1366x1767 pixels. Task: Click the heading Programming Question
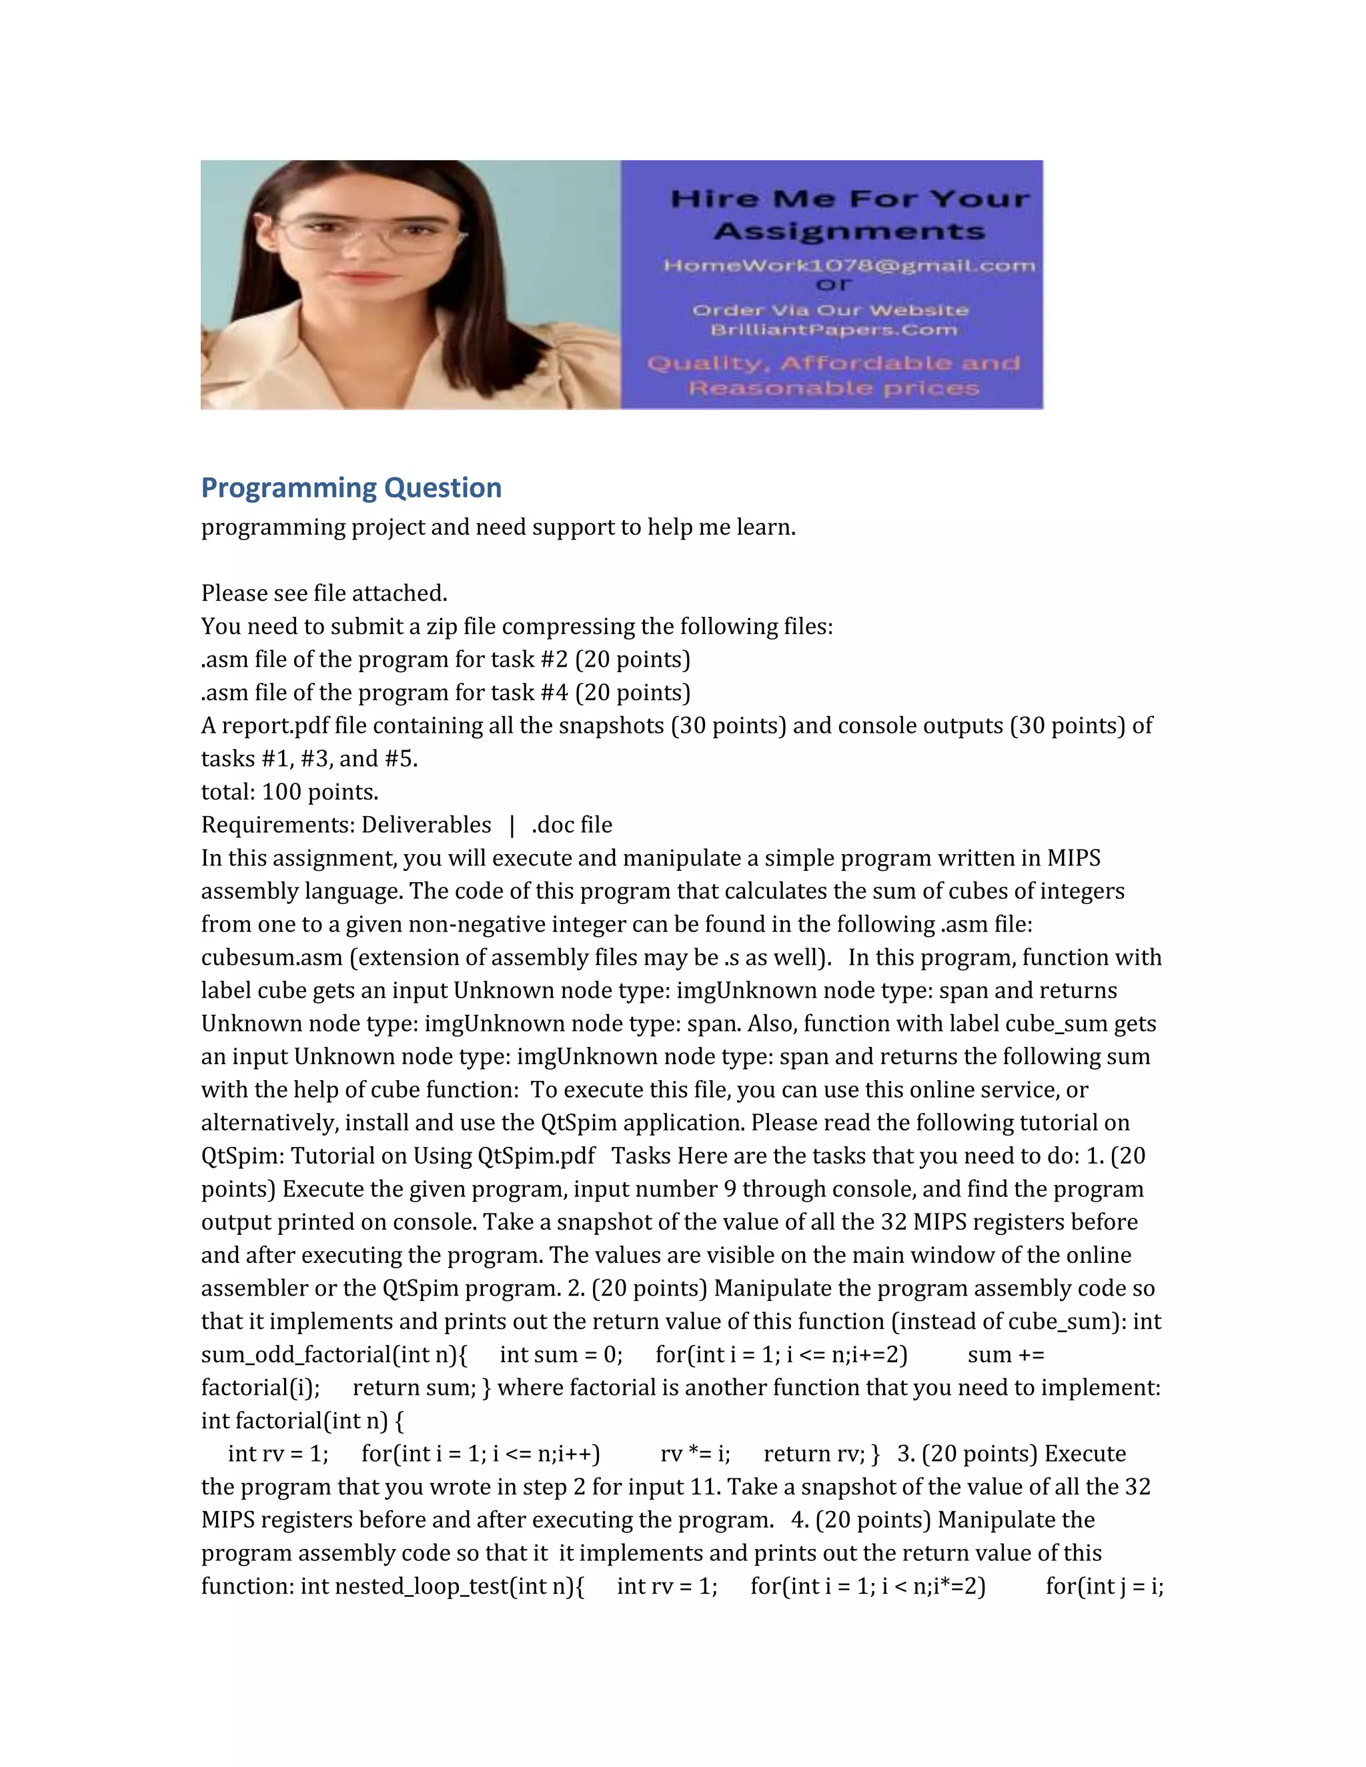click(x=352, y=488)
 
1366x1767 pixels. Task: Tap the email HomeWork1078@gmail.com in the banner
click(x=849, y=265)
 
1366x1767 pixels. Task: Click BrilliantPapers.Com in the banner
click(x=834, y=330)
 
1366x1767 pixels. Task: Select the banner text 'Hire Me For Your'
click(x=850, y=199)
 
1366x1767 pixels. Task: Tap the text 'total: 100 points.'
click(x=289, y=792)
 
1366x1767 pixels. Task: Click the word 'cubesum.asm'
click(x=272, y=958)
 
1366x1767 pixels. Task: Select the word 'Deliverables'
click(x=426, y=825)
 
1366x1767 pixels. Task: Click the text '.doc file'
click(x=572, y=825)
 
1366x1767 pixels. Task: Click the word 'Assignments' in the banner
click(x=849, y=232)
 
